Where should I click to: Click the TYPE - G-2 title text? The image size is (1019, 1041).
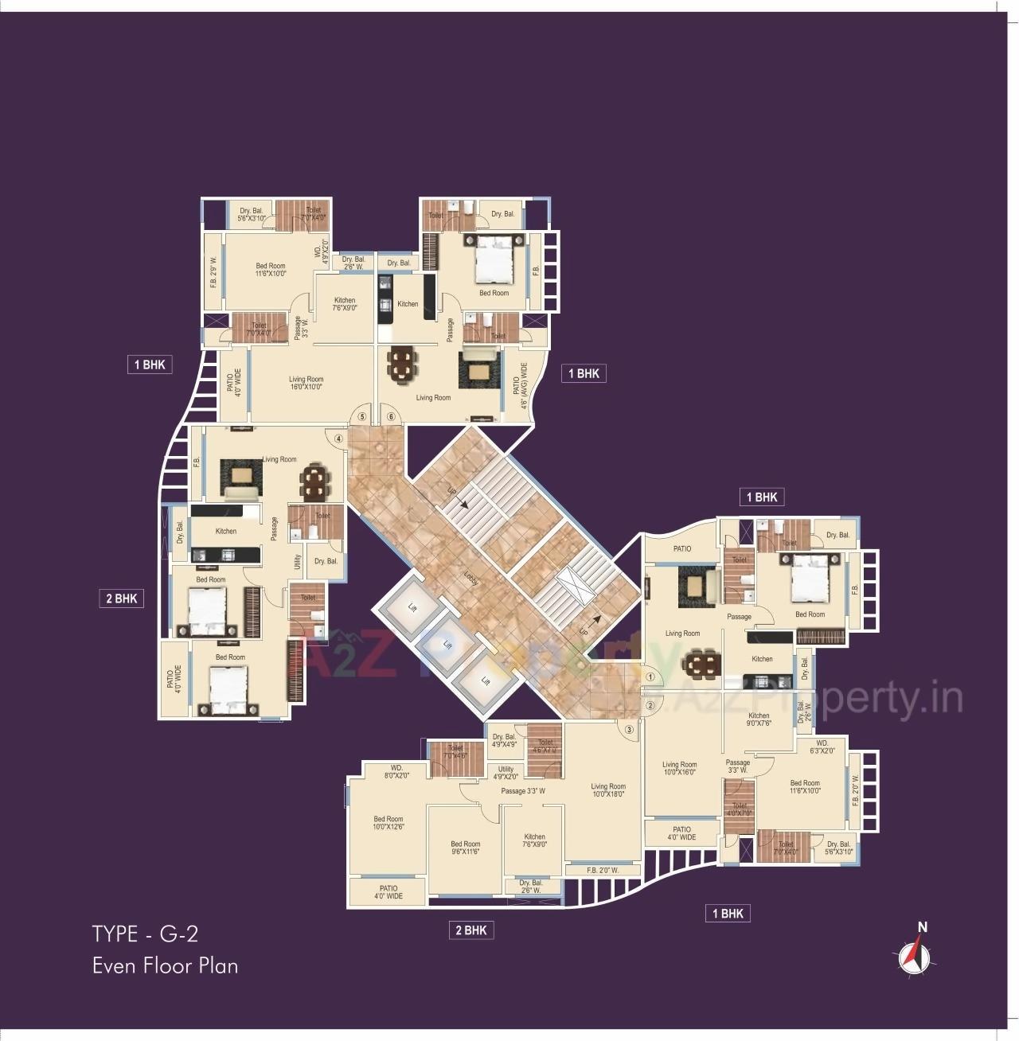tap(145, 934)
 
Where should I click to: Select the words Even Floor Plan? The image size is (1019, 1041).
tap(165, 966)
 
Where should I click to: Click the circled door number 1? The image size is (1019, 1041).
tap(650, 676)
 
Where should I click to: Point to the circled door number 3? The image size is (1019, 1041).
tap(630, 729)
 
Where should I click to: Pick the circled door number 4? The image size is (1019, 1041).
tap(338, 438)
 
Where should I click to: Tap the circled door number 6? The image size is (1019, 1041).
tap(391, 416)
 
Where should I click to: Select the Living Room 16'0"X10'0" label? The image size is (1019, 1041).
tap(306, 384)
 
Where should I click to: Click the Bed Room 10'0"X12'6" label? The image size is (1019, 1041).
tap(388, 823)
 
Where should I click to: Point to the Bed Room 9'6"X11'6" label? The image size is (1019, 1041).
tap(466, 848)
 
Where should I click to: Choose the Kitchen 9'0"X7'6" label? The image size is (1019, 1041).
tap(759, 719)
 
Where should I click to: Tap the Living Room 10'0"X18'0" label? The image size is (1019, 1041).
tap(608, 790)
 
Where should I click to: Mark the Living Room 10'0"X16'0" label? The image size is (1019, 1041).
tap(679, 769)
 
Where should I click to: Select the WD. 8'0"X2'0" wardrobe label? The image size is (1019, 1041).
tap(396, 771)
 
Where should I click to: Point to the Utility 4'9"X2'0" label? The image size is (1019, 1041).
tap(506, 773)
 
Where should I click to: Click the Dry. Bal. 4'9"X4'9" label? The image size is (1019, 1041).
tap(505, 741)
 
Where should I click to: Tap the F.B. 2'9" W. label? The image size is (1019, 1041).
tap(213, 271)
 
